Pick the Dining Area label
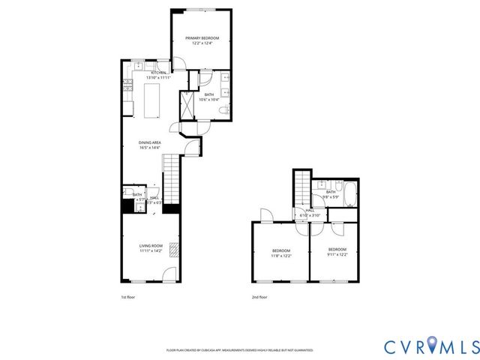(x=150, y=142)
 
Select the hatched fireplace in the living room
(x=174, y=249)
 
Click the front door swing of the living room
(x=170, y=274)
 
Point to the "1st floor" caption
(x=128, y=297)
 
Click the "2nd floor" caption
(x=259, y=297)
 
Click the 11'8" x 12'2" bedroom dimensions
(x=280, y=255)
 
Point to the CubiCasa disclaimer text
(x=239, y=350)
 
